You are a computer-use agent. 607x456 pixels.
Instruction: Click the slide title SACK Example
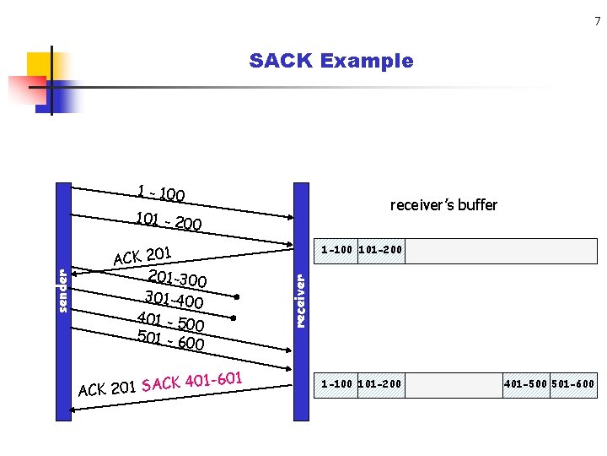point(331,61)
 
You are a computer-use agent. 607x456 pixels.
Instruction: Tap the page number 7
point(596,21)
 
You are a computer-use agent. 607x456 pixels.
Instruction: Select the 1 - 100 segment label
point(161,193)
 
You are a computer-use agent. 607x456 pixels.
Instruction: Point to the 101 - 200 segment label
point(169,221)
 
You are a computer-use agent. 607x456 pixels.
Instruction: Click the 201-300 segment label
point(178,278)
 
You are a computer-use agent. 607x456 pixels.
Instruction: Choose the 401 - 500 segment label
point(171,321)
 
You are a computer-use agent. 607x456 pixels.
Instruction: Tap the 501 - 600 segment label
point(171,339)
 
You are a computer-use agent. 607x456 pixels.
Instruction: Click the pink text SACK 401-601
point(193,381)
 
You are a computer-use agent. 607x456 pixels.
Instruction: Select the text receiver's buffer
point(443,205)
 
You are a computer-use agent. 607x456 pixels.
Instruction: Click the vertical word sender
point(62,290)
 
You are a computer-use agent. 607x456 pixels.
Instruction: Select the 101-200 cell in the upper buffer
point(380,250)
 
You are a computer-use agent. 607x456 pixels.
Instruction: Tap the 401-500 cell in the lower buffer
point(526,385)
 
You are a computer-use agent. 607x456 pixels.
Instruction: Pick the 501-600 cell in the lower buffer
point(573,385)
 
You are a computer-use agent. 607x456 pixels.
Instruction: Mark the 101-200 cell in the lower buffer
point(380,385)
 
